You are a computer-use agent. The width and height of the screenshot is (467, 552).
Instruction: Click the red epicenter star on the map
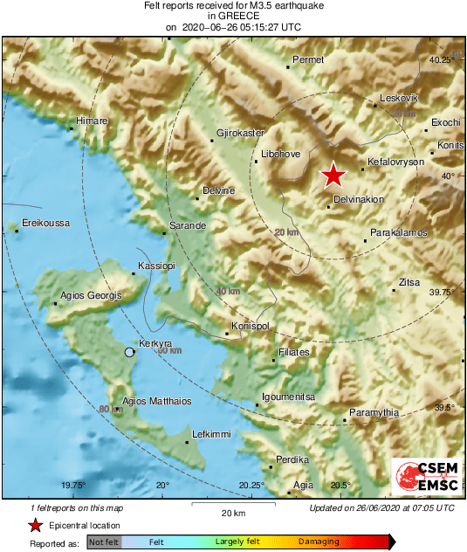pyautogui.click(x=333, y=176)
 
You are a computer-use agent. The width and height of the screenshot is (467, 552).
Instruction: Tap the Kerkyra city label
pyautogui.click(x=155, y=343)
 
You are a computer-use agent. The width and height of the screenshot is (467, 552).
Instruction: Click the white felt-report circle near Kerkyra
pyautogui.click(x=130, y=352)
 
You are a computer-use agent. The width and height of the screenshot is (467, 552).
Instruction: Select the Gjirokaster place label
pyautogui.click(x=240, y=133)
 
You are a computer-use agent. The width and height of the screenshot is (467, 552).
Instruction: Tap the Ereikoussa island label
pyautogui.click(x=45, y=223)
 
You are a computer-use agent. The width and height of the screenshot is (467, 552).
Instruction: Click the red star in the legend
pyautogui.click(x=35, y=525)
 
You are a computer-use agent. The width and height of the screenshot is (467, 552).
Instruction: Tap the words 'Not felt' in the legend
pyautogui.click(x=103, y=542)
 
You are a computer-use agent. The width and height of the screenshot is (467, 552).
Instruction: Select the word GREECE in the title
pyautogui.click(x=232, y=16)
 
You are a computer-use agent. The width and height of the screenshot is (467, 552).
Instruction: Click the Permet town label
pyautogui.click(x=308, y=59)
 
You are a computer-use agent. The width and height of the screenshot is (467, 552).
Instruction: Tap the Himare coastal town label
pyautogui.click(x=93, y=120)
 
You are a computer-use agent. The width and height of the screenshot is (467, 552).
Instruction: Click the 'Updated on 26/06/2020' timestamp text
pyautogui.click(x=381, y=507)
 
